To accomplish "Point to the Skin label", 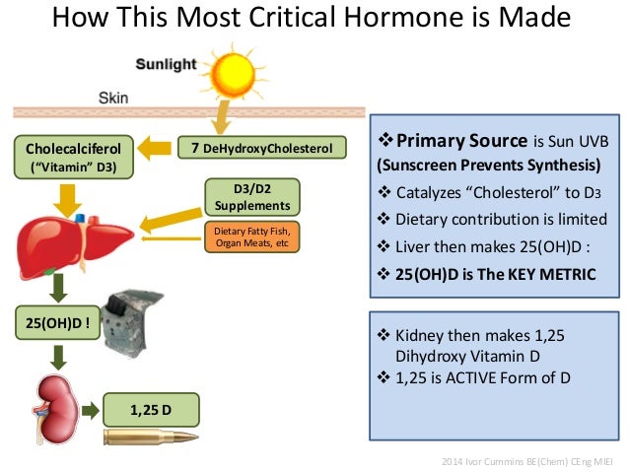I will click(115, 98).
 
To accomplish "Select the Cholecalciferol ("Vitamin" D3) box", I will click(70, 158).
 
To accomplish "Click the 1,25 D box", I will click(149, 407).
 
